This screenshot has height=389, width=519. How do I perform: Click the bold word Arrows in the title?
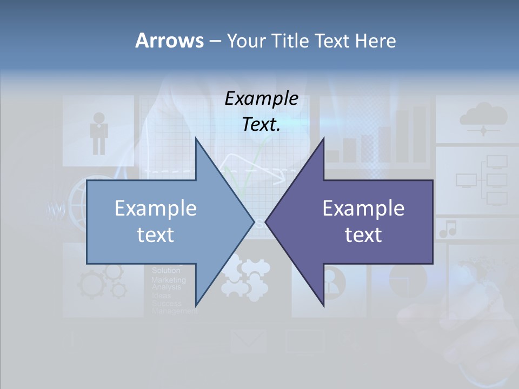click(169, 41)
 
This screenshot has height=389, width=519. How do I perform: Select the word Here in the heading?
click(375, 41)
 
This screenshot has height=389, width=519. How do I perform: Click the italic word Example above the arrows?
click(261, 99)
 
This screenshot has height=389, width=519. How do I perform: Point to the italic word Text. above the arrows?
click(261, 124)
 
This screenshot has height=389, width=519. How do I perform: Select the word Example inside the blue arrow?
click(156, 209)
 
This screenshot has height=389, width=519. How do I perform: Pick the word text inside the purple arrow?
click(363, 234)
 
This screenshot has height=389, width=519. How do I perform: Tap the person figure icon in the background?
click(99, 132)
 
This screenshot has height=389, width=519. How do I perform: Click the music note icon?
click(448, 229)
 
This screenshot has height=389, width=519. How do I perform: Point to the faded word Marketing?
click(168, 280)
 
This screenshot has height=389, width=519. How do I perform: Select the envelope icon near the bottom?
click(248, 341)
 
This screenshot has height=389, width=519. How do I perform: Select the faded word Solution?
click(166, 270)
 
